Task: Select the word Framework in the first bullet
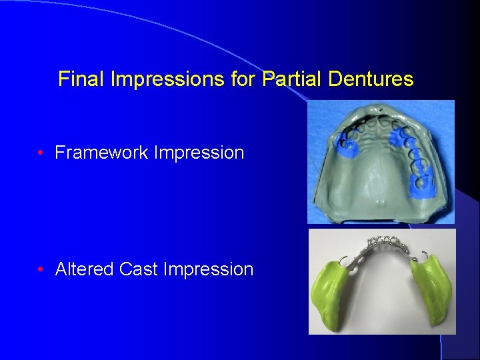coord(102,153)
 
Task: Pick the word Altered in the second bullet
coord(84,269)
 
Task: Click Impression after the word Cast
coord(208,269)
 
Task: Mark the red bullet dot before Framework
coord(41,153)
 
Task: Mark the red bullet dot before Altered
coord(41,269)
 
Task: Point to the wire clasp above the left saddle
coord(341,260)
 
